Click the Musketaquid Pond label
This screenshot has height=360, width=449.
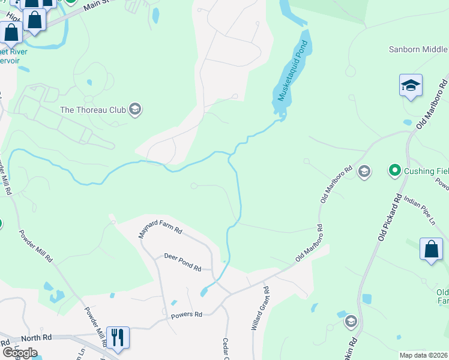click(x=292, y=70)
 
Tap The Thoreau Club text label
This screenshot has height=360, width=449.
click(x=93, y=110)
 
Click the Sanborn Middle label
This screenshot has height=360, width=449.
click(x=418, y=50)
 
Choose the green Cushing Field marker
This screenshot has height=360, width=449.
click(x=394, y=171)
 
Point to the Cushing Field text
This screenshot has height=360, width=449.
click(x=426, y=171)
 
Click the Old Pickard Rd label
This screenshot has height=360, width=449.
click(x=390, y=216)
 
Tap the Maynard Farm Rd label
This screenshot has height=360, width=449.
click(x=160, y=229)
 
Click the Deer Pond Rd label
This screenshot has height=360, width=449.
click(x=182, y=262)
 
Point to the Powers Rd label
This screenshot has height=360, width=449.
click(x=187, y=314)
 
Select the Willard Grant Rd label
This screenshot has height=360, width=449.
click(x=260, y=310)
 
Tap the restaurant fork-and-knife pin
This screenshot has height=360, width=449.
click(x=117, y=337)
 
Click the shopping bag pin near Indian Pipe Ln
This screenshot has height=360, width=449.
click(x=432, y=250)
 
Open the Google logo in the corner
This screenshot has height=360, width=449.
click(x=20, y=352)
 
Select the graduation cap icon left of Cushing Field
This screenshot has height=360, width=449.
click(x=364, y=172)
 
